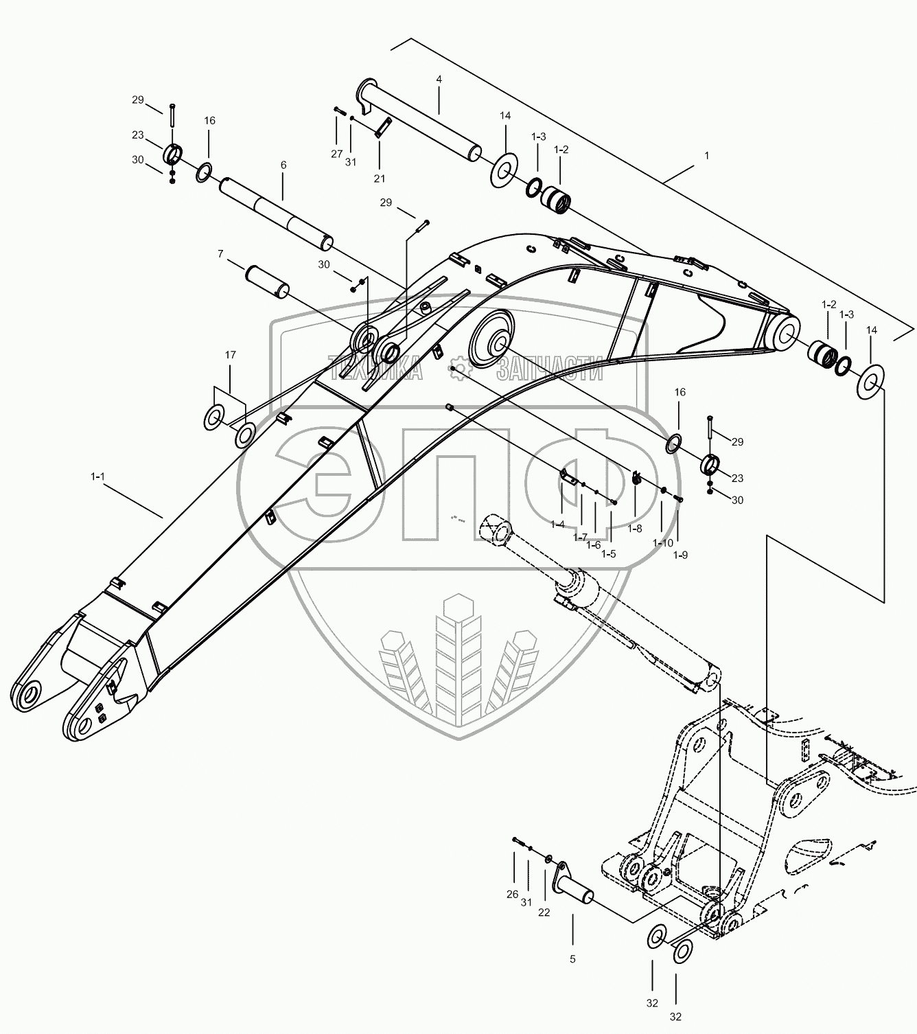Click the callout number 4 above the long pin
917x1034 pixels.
439,80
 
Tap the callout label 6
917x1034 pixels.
283,165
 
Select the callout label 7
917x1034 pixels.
220,254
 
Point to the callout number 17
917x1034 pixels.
230,355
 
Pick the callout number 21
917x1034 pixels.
380,179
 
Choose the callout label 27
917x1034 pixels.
336,154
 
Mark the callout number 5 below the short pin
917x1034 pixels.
573,958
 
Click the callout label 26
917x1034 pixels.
513,894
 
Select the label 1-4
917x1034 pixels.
557,525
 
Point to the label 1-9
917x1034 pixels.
680,555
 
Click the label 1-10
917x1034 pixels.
662,543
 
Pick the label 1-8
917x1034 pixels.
635,529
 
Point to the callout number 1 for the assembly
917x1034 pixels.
706,156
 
